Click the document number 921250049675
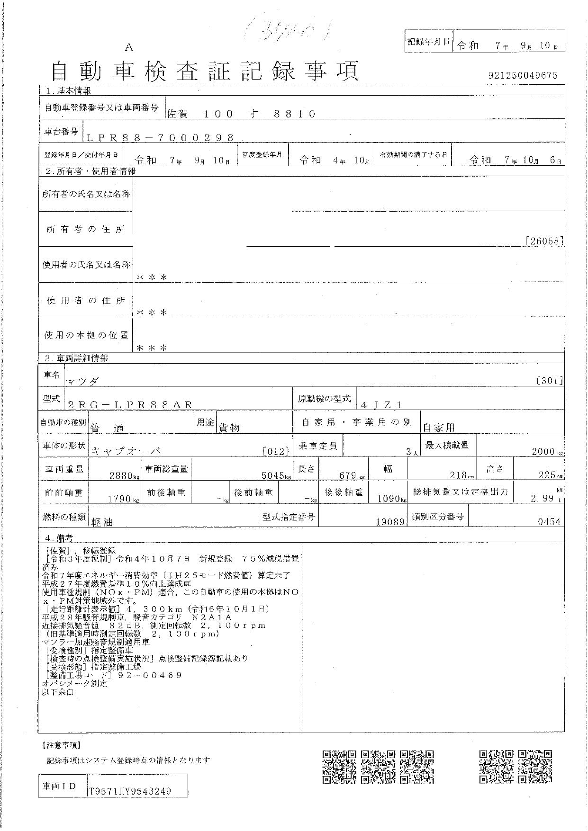[522, 75]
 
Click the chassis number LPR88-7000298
[161, 138]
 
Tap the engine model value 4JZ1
[381, 405]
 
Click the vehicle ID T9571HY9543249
[130, 791]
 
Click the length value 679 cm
[350, 475]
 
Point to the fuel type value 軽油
[102, 522]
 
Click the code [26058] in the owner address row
[544, 241]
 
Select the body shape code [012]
[276, 451]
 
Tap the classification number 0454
[549, 522]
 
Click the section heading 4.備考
[59, 538]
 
